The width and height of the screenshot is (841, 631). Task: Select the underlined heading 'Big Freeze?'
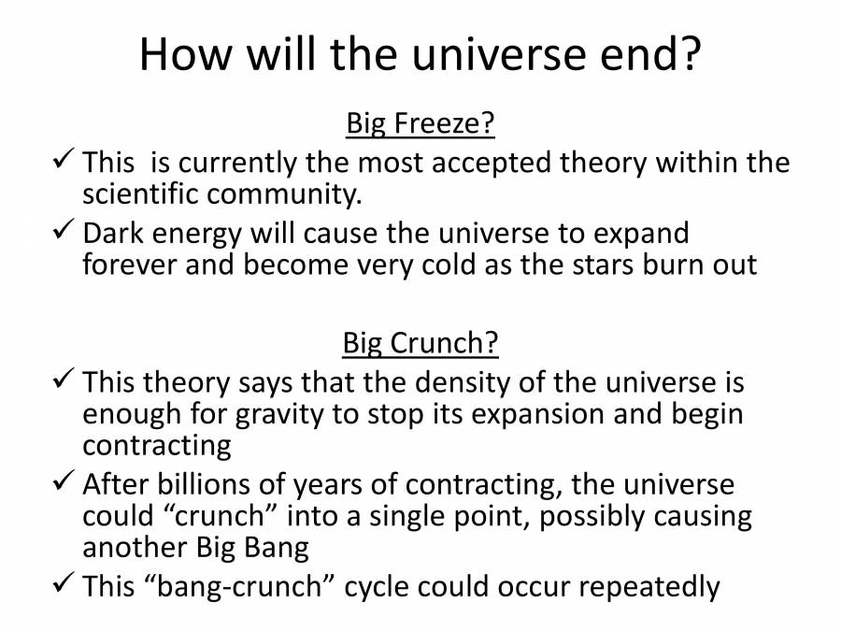420,124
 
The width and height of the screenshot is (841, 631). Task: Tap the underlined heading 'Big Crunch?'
420,344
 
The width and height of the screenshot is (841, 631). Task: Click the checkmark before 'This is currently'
63,162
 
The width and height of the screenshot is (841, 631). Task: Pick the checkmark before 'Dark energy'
63,230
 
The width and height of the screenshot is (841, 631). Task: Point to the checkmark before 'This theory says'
63,381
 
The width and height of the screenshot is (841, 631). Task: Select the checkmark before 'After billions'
63,483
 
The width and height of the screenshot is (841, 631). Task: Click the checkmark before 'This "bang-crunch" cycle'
63,585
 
